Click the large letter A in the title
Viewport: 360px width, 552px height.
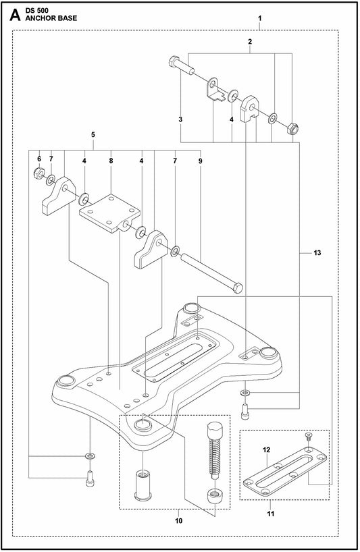(x=15, y=14)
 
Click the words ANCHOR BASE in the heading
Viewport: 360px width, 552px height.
(x=51, y=18)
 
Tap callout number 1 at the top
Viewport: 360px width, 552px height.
(x=259, y=18)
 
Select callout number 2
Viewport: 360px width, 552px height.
(x=250, y=42)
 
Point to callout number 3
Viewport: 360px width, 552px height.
(x=180, y=119)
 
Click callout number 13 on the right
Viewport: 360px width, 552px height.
(x=317, y=253)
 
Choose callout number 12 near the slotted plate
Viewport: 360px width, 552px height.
(x=266, y=450)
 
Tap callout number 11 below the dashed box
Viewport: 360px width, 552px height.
(x=270, y=514)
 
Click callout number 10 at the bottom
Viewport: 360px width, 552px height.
(x=178, y=521)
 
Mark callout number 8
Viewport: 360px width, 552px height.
(x=111, y=161)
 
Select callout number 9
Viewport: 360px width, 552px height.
(x=201, y=161)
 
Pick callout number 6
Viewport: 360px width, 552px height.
(x=39, y=159)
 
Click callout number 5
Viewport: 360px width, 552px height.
(x=93, y=134)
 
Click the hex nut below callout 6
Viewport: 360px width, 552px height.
(x=38, y=173)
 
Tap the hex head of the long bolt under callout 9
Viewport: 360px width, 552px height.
(x=238, y=287)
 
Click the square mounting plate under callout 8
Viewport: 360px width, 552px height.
(x=109, y=213)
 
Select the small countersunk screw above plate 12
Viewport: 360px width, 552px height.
(x=307, y=437)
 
